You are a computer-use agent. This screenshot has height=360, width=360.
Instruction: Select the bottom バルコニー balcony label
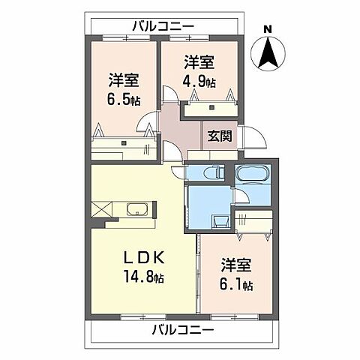coord(183,330)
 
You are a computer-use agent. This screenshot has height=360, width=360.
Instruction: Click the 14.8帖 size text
coord(144,277)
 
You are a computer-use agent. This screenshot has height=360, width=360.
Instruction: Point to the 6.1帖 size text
coord(236,286)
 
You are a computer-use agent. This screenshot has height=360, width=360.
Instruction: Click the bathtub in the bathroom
coord(250,178)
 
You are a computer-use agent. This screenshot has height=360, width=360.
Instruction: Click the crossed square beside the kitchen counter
coord(101,210)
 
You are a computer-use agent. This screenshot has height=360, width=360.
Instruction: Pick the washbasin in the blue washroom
coord(220,222)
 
